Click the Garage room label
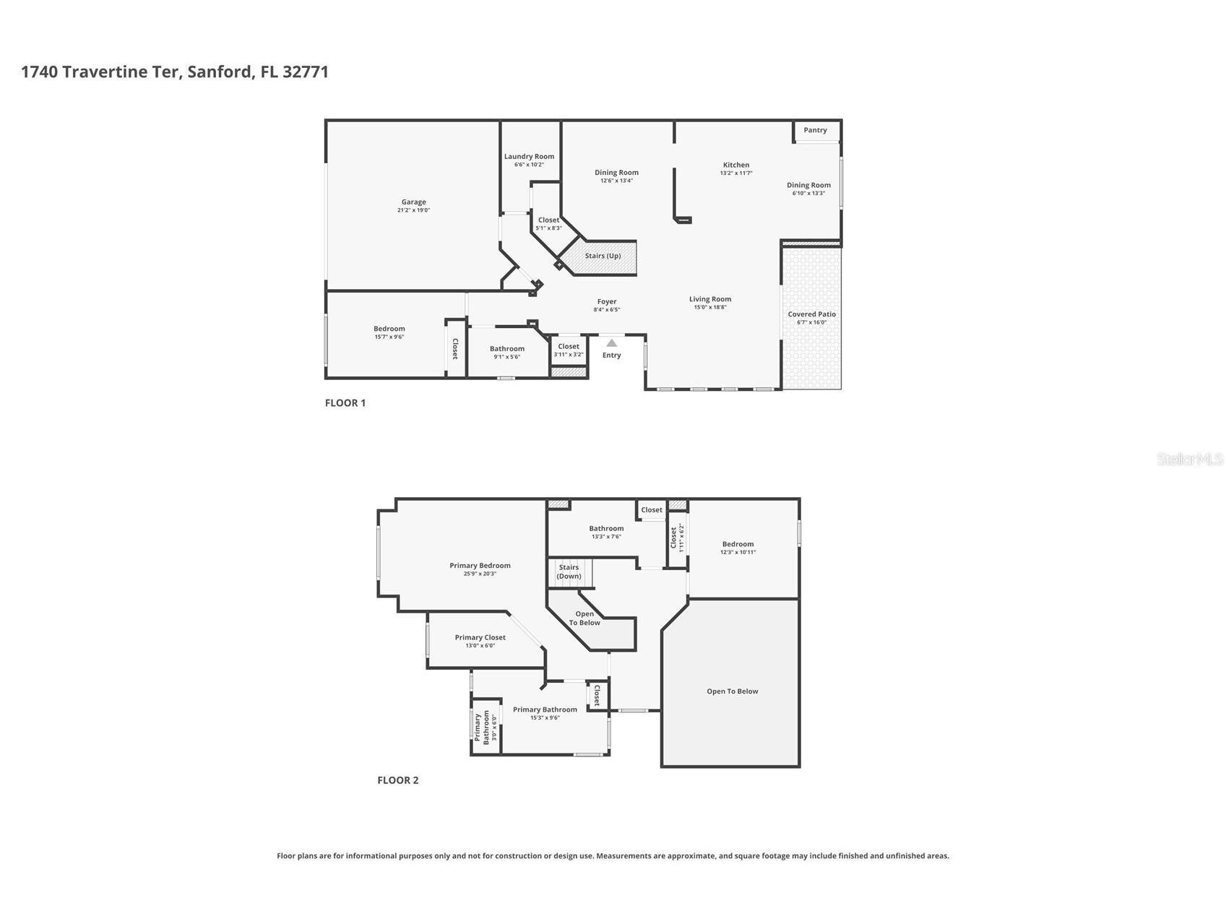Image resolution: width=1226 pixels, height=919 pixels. (x=413, y=202)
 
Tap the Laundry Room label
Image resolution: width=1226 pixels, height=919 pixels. (x=529, y=156)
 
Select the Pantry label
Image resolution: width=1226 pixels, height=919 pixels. (x=815, y=130)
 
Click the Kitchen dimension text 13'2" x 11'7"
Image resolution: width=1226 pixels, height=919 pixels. (x=735, y=173)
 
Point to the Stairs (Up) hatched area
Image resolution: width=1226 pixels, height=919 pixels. (x=603, y=256)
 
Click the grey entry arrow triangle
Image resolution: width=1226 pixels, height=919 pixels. (x=611, y=342)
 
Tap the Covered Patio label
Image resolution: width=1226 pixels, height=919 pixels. (x=811, y=314)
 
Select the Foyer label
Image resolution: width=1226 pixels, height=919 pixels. (x=606, y=302)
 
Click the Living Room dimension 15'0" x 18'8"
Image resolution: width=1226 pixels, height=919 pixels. (x=709, y=307)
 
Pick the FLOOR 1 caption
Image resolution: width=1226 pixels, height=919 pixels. (x=345, y=403)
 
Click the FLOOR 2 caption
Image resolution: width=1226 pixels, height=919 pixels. (x=397, y=780)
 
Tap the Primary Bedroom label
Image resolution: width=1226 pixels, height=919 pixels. (x=480, y=566)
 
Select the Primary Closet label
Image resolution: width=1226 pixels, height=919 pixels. (x=480, y=637)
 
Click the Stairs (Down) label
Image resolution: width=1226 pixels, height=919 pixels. (x=569, y=571)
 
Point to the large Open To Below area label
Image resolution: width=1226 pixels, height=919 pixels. (x=732, y=691)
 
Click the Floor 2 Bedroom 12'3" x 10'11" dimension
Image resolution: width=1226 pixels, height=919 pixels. (x=738, y=552)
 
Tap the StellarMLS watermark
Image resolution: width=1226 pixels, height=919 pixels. (x=1189, y=459)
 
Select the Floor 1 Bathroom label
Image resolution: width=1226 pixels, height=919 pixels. (x=506, y=349)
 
